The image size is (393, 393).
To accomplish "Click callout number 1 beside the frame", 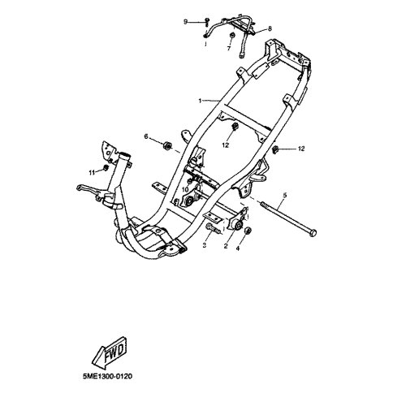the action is coord(200,101).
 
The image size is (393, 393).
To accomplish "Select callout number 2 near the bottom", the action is coord(226,246).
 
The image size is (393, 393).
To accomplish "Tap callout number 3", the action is coord(205,245).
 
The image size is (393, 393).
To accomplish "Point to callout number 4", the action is coord(238,248).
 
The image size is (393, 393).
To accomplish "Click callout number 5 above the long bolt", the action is coord(284,195).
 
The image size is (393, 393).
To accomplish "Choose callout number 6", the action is coord(146,136).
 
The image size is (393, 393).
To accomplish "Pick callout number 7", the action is coord(229,49).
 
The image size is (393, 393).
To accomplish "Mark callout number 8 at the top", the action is coord(270,28).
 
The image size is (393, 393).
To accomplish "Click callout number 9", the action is coord(185,22).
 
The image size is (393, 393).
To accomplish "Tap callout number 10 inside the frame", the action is coord(185,190).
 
